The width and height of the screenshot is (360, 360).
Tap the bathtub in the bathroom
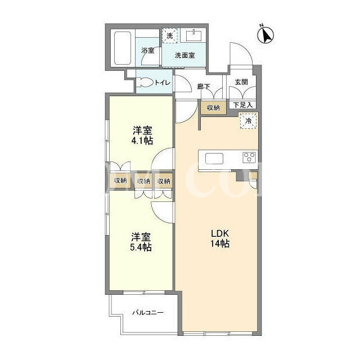(123, 48)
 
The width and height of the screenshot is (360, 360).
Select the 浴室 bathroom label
(147, 50)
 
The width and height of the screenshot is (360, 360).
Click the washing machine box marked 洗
(170, 35)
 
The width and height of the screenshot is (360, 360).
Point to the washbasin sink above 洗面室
(193, 35)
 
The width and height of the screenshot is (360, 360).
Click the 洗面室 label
(185, 55)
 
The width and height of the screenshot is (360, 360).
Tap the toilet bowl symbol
(145, 83)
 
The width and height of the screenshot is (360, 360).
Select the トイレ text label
(163, 83)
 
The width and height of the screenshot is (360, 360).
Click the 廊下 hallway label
(204, 87)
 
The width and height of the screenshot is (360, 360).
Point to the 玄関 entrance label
(241, 82)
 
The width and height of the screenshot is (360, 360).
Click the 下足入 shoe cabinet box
(242, 105)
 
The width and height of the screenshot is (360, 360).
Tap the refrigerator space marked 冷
(249, 120)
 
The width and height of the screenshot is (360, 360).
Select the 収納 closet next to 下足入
(213, 107)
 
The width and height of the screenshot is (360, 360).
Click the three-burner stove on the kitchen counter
(249, 157)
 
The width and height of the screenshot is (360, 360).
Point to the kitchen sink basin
(214, 159)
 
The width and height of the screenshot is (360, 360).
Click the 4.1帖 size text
(142, 141)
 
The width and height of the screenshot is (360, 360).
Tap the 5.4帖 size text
(141, 247)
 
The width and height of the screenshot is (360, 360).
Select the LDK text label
(220, 234)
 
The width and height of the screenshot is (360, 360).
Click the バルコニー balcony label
(148, 313)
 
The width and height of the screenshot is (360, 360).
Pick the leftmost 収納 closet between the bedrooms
(120, 181)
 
